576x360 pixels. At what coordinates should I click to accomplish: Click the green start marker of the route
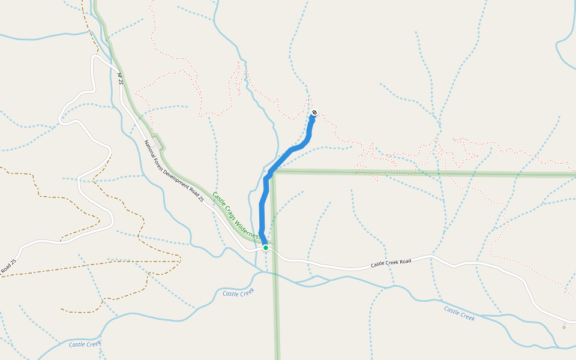coord(265,247)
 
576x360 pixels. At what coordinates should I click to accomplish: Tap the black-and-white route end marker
coord(314,113)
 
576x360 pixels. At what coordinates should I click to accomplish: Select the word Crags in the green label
coord(231,211)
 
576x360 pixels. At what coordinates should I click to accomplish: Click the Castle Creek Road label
coord(391,263)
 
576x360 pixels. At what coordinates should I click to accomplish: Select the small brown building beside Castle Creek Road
coord(564,327)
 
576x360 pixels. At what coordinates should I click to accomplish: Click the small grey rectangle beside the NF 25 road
coord(157,144)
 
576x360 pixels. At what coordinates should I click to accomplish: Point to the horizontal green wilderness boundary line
coord(420,173)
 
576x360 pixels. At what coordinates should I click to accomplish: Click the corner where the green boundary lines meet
coord(274,172)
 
